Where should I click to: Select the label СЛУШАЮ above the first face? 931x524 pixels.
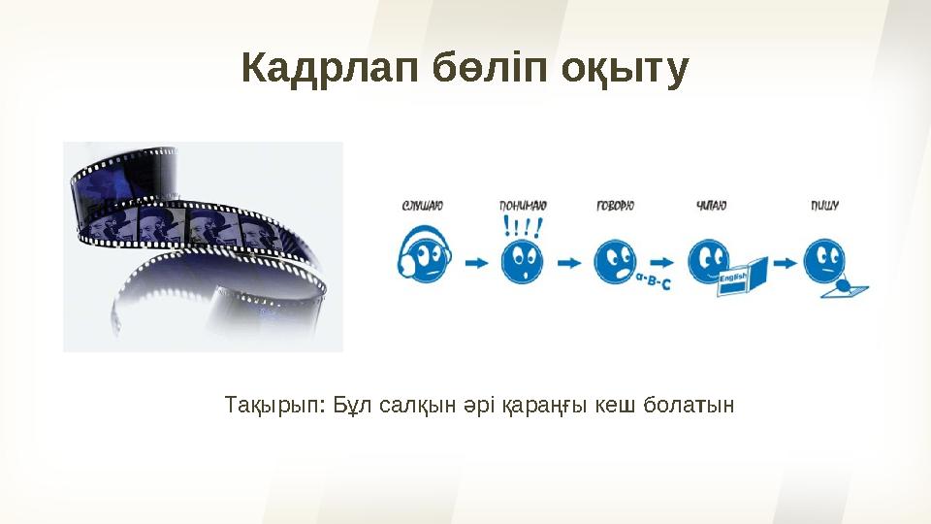pyautogui.click(x=422, y=206)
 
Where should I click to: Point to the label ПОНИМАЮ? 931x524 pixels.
pyautogui.click(x=523, y=206)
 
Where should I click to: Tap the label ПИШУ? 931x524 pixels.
pyautogui.click(x=824, y=206)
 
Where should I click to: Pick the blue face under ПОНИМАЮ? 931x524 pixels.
pyautogui.click(x=522, y=261)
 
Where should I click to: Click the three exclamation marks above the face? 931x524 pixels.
pyautogui.click(x=523, y=227)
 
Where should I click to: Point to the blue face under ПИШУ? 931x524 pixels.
pyautogui.click(x=825, y=260)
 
